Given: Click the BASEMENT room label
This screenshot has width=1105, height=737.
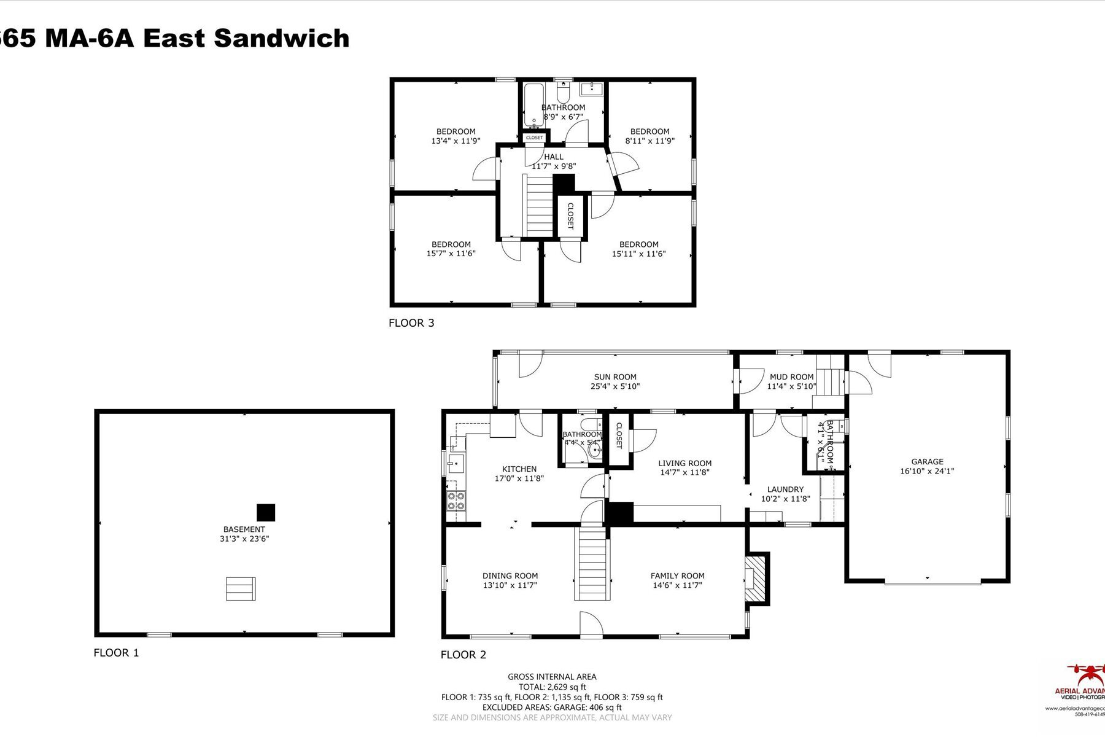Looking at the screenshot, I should pyautogui.click(x=244, y=529).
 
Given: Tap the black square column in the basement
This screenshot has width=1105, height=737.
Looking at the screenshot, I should pyautogui.click(x=266, y=512).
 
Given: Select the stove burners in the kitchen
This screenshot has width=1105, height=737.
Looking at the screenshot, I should pyautogui.click(x=456, y=501).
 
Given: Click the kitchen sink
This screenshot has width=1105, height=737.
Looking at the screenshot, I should pyautogui.click(x=455, y=464).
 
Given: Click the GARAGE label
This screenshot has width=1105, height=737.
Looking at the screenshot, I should pyautogui.click(x=927, y=462).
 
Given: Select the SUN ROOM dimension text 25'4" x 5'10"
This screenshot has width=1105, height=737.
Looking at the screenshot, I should pyautogui.click(x=615, y=386).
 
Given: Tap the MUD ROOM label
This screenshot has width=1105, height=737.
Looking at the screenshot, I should pyautogui.click(x=791, y=377).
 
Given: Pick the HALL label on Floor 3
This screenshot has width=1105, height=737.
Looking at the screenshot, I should pyautogui.click(x=553, y=157).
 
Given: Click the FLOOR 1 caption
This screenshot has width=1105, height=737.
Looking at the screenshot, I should pyautogui.click(x=116, y=653).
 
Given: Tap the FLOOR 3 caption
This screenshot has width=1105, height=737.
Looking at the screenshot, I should pyautogui.click(x=411, y=323).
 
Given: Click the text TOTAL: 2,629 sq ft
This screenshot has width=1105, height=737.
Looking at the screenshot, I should pyautogui.click(x=552, y=687).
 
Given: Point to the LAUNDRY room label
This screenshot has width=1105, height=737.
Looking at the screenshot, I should pyautogui.click(x=785, y=489).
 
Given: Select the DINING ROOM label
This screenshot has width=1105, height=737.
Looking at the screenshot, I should pyautogui.click(x=510, y=576).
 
